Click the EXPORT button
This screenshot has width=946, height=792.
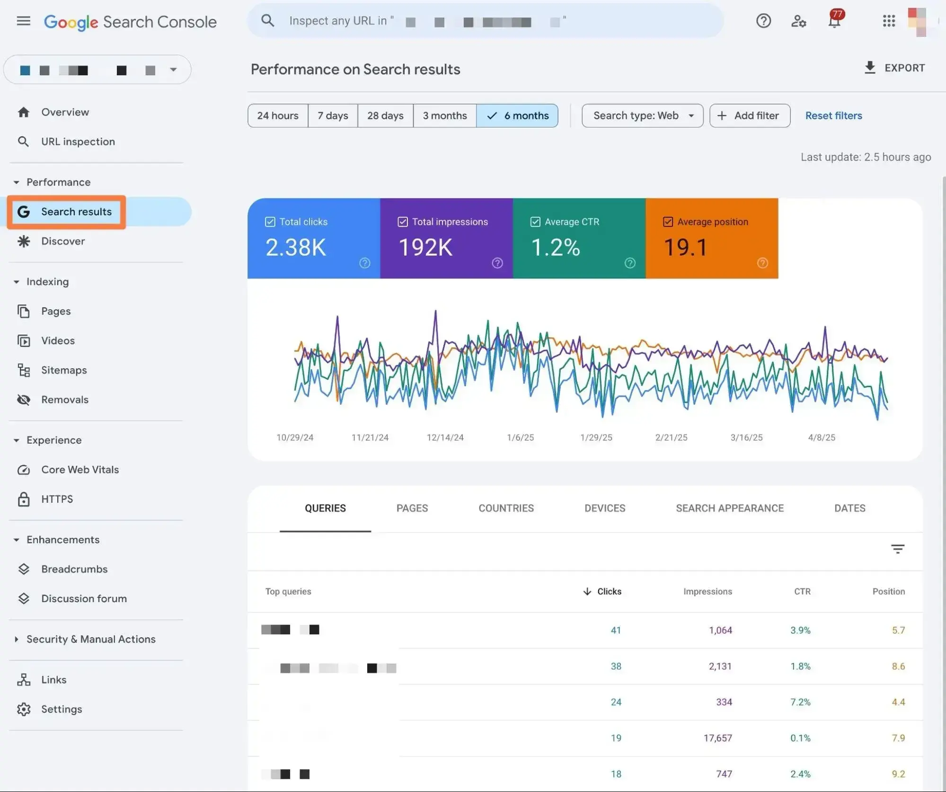pyautogui.click(x=894, y=68)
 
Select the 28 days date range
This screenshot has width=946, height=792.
pyautogui.click(x=385, y=116)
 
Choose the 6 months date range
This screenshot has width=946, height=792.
pyautogui.click(x=517, y=116)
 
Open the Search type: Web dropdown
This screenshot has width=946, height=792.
pyautogui.click(x=642, y=116)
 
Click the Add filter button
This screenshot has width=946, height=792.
pyautogui.click(x=750, y=116)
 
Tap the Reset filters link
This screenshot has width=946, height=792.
pyautogui.click(x=833, y=116)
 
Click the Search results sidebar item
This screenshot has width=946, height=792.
pyautogui.click(x=76, y=212)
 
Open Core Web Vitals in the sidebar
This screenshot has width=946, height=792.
pyautogui.click(x=80, y=470)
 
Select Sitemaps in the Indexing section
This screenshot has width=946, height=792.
pyautogui.click(x=64, y=370)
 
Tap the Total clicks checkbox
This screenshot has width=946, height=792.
pyautogui.click(x=270, y=222)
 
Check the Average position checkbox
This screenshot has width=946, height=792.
pyautogui.click(x=668, y=222)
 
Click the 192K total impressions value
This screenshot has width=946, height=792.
pyautogui.click(x=425, y=247)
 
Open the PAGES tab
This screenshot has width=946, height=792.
pyautogui.click(x=412, y=508)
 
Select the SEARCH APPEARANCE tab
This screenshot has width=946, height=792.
pyautogui.click(x=729, y=508)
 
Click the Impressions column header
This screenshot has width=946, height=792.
pyautogui.click(x=707, y=591)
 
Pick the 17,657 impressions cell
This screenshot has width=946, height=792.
pyautogui.click(x=717, y=738)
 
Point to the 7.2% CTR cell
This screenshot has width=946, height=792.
pyautogui.click(x=800, y=702)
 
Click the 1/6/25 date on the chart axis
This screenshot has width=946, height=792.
pyautogui.click(x=520, y=437)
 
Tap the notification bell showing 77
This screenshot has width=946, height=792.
pyautogui.click(x=834, y=21)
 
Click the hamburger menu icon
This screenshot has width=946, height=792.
pyautogui.click(x=23, y=21)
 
